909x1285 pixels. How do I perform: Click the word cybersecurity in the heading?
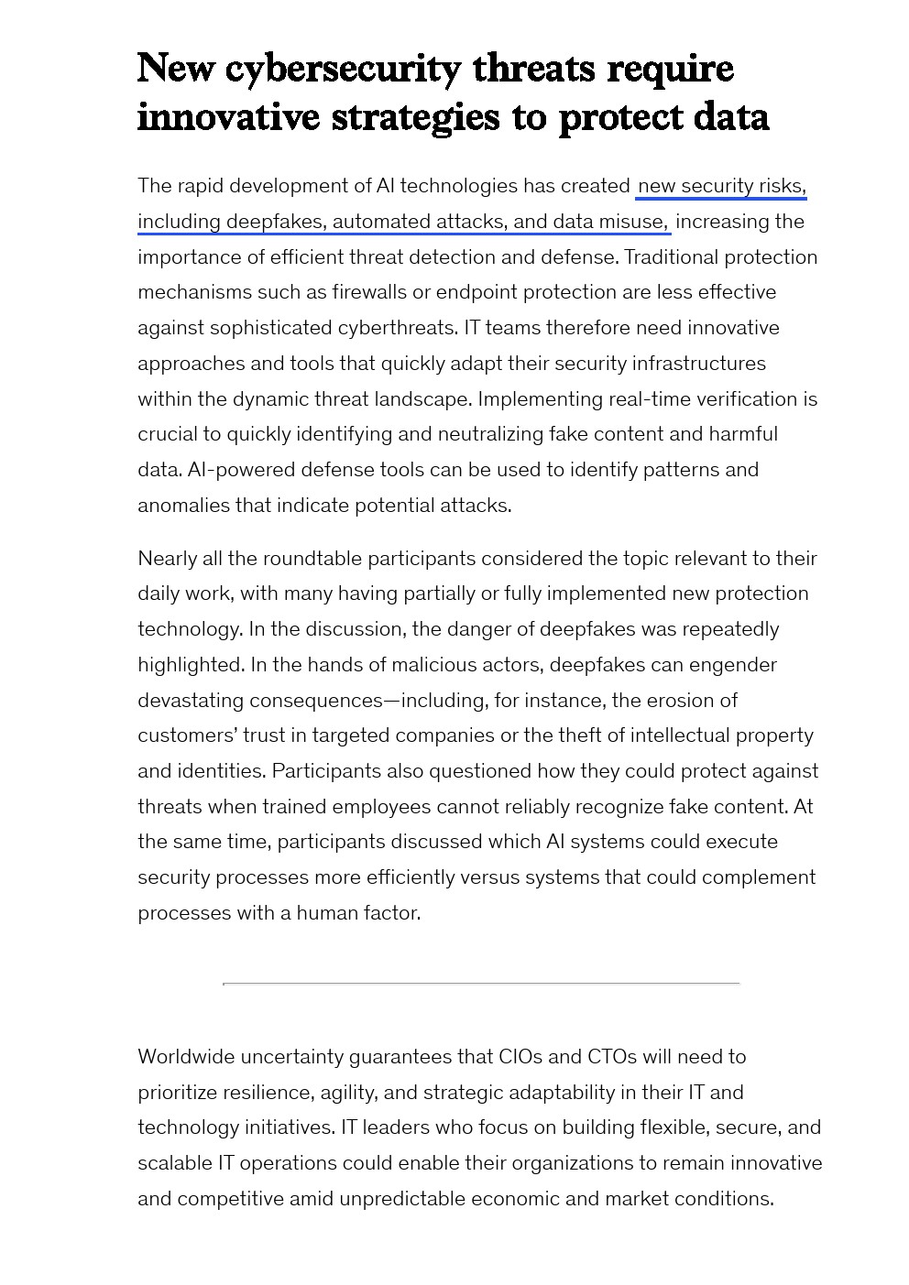click(343, 70)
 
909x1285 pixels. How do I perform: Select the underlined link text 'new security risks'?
click(721, 186)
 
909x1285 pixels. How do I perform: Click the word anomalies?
click(183, 506)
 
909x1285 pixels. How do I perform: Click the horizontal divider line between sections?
click(481, 984)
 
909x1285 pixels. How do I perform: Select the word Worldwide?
click(186, 1057)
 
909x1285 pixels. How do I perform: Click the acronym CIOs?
click(521, 1057)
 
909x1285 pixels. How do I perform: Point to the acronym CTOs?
click(611, 1057)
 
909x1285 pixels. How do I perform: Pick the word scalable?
click(174, 1163)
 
